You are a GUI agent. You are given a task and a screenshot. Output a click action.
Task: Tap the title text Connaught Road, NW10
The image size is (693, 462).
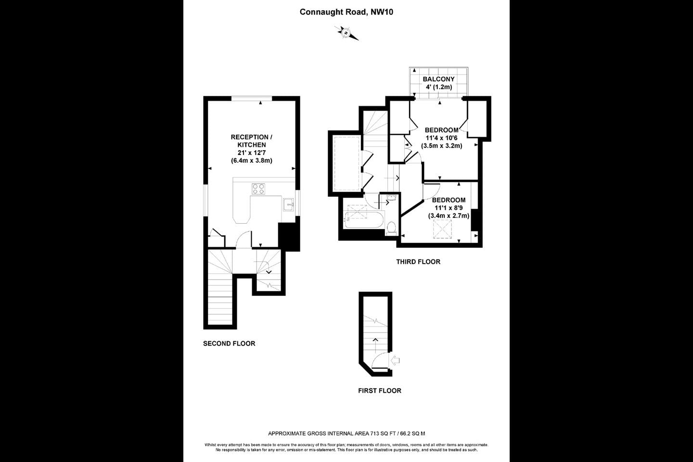(346, 12)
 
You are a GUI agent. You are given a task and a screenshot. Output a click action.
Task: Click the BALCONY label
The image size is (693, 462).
(439, 79)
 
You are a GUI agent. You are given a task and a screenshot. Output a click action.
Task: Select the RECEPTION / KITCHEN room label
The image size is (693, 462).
(252, 141)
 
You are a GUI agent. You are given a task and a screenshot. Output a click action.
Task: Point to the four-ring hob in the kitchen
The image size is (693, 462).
(258, 189)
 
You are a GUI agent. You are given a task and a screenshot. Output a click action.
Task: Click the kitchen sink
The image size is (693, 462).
(289, 205)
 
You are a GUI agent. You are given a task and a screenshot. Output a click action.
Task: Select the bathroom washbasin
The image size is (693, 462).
(391, 197)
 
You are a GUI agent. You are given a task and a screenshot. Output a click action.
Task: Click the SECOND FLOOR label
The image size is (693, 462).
(229, 344)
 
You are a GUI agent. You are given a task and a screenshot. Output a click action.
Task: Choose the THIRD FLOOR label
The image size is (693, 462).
(418, 262)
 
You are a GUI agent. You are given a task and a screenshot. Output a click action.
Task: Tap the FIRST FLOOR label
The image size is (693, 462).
(380, 390)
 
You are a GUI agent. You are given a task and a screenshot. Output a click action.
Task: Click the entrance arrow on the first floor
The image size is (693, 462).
(396, 360)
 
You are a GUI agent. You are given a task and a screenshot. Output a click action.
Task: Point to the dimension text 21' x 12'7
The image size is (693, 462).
(252, 153)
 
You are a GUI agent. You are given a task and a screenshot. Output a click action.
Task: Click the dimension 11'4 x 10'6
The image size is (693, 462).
(441, 138)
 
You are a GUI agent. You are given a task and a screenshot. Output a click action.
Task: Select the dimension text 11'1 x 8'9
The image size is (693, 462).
(449, 208)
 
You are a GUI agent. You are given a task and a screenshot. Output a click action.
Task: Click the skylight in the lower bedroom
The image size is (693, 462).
(442, 229)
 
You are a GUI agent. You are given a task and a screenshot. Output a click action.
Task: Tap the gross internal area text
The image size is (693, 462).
(346, 434)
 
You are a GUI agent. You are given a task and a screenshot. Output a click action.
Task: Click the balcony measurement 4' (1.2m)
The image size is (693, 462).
(439, 87)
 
